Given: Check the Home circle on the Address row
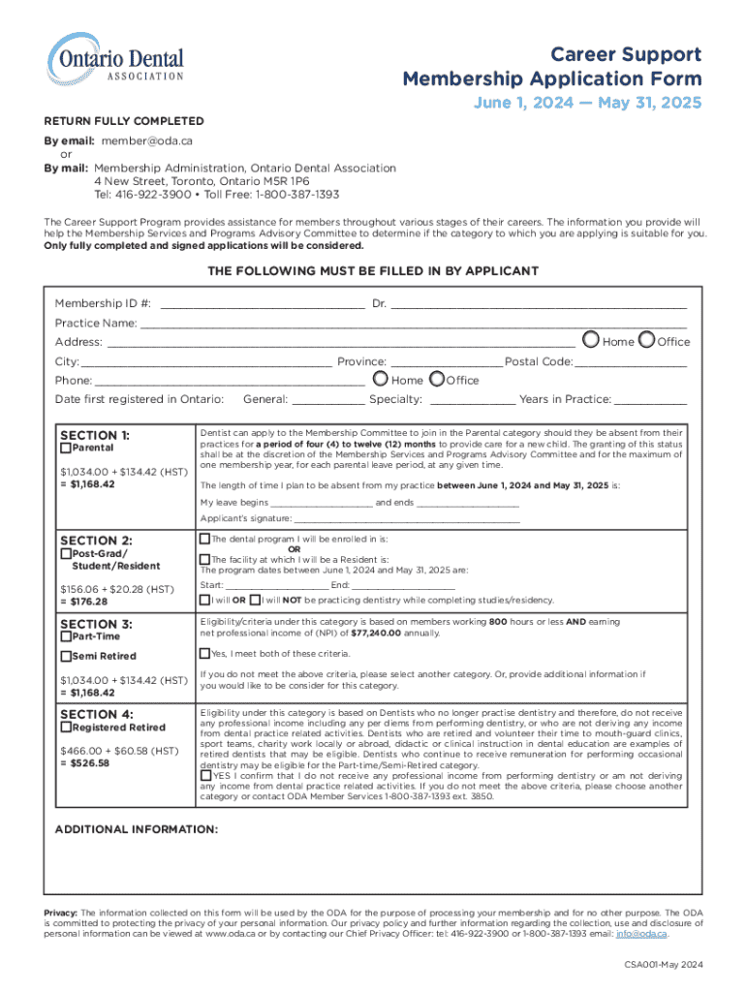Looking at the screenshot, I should [591, 341].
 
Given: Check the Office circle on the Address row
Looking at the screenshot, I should [646, 341].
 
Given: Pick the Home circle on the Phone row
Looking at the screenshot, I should [381, 380].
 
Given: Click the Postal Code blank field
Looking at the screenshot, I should [631, 361].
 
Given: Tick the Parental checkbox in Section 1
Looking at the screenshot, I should [65, 449].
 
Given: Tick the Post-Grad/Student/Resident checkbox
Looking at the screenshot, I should [65, 554].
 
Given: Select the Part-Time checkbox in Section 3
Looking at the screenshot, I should [65, 636].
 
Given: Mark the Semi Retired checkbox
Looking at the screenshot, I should [65, 656].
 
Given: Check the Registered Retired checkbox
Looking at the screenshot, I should [65, 727].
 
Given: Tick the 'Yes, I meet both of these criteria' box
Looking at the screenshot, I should [204, 653].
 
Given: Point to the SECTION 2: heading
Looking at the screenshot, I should [96, 540].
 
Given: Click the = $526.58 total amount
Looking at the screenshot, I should [83, 763].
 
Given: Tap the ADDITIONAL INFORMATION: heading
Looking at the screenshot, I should [136, 829].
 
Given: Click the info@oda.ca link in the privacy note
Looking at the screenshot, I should [645, 935].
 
